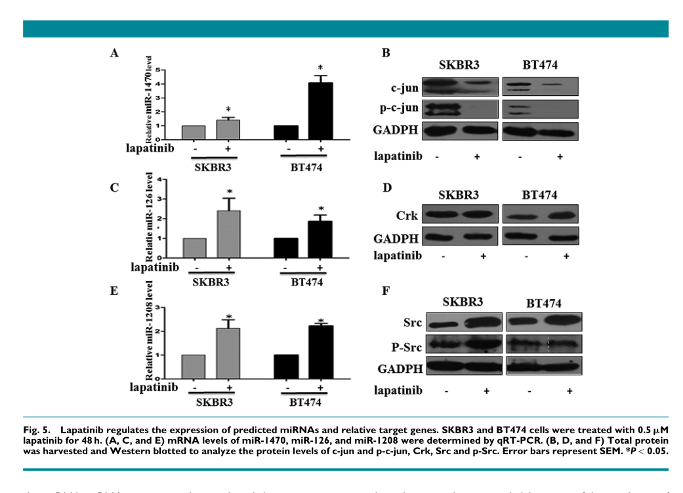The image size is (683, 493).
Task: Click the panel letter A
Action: [114, 54]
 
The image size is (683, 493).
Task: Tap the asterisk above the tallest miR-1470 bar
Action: [320, 68]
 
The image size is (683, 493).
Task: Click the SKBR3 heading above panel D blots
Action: [459, 196]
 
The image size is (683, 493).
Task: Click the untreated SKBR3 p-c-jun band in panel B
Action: [442, 109]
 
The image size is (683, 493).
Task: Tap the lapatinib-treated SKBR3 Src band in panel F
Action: [486, 322]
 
